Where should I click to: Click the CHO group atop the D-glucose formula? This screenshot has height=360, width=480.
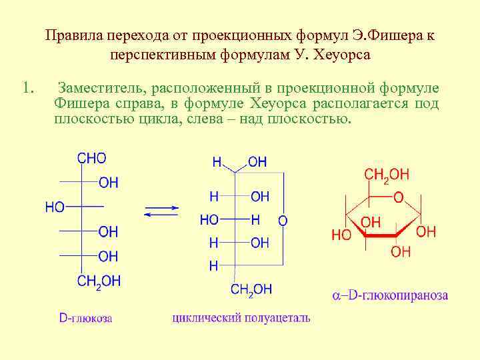click(x=91, y=159)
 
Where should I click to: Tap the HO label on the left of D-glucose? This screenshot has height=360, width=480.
click(x=55, y=207)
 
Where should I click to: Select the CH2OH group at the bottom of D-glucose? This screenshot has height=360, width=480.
click(x=99, y=281)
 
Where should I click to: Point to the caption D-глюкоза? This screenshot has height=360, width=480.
click(x=85, y=318)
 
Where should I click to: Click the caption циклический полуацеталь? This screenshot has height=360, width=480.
click(x=241, y=318)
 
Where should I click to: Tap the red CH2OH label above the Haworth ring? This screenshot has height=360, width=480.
click(x=387, y=175)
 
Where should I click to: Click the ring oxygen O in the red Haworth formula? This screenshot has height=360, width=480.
click(x=398, y=197)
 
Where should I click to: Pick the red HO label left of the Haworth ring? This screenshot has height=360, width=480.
click(x=341, y=235)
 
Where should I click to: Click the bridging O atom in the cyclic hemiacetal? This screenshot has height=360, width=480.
click(x=283, y=220)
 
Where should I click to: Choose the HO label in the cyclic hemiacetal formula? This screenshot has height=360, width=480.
click(x=209, y=219)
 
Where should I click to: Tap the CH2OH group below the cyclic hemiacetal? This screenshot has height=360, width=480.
click(x=251, y=289)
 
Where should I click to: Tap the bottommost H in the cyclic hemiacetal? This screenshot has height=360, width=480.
click(x=213, y=266)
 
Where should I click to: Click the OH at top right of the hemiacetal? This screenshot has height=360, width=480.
click(x=257, y=162)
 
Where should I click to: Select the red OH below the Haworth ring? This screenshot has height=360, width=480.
click(x=401, y=251)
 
